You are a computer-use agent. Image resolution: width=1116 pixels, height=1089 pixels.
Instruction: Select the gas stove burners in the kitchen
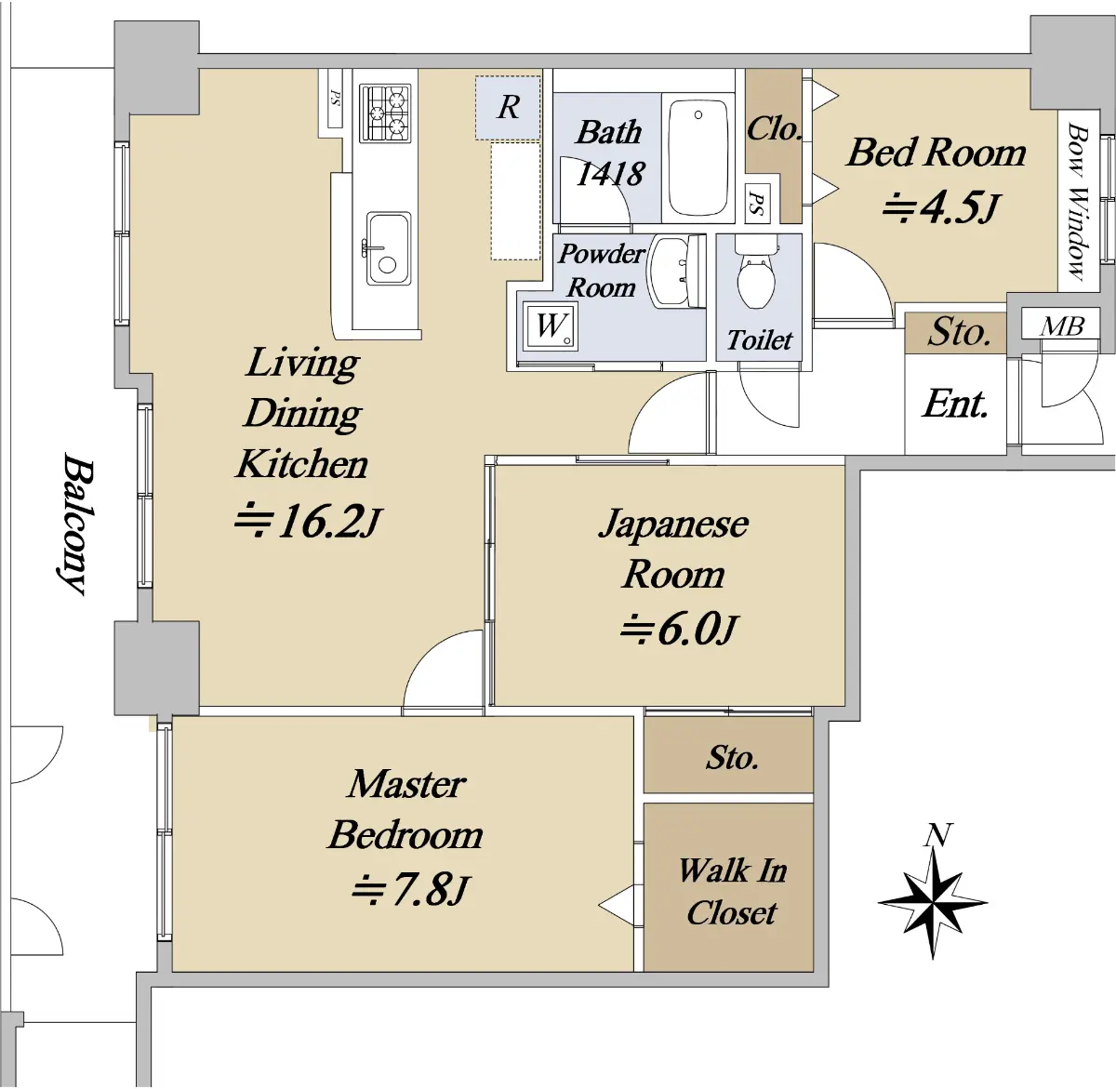[x=385, y=113]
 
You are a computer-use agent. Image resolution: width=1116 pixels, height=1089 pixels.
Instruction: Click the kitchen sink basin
[x=388, y=248]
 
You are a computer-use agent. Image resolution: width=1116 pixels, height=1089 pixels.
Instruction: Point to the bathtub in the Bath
[x=697, y=157]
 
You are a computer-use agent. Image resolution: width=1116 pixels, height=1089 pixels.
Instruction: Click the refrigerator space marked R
[x=508, y=107]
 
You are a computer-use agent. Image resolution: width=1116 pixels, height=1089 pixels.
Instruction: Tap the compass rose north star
[x=932, y=903]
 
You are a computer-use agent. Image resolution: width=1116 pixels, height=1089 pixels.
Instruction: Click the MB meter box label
[x=1061, y=326]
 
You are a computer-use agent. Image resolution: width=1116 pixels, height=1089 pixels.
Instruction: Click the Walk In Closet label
[x=731, y=891]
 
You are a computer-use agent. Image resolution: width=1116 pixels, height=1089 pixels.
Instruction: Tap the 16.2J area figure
[x=308, y=522]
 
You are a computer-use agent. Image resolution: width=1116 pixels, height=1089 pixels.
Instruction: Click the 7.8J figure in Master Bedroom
[x=409, y=889]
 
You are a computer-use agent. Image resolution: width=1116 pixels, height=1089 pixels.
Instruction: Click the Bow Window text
[x=1078, y=202]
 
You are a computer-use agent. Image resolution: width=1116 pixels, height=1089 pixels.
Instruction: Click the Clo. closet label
[x=773, y=128]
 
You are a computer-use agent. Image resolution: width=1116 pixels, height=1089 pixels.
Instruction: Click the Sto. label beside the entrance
[x=958, y=332]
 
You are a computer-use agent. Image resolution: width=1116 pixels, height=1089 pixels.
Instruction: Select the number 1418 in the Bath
[x=610, y=173]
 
